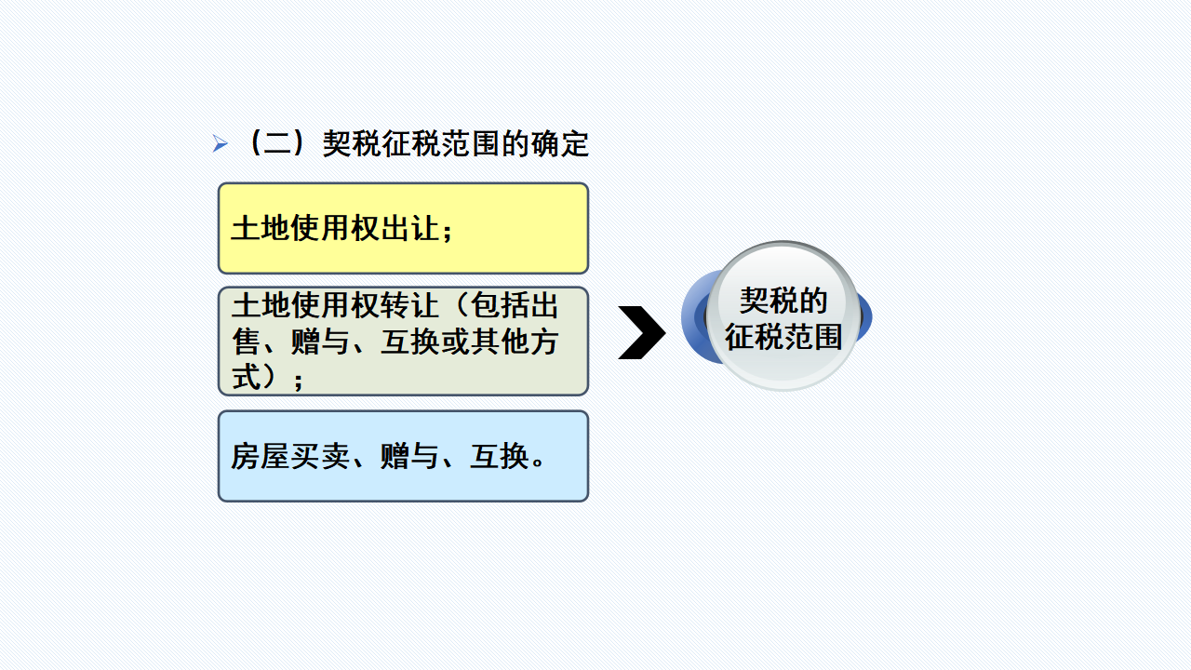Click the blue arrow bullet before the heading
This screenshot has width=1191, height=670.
pyautogui.click(x=220, y=144)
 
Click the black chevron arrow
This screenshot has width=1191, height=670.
pyautogui.click(x=641, y=332)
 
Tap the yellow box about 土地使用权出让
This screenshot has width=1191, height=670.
pyautogui.click(x=403, y=228)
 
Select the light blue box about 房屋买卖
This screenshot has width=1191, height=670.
pyautogui.click(x=403, y=456)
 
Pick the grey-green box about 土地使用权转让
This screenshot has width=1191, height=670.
pyautogui.click(x=403, y=341)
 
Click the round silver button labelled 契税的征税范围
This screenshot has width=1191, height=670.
pyautogui.click(x=783, y=316)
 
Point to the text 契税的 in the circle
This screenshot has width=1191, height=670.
pyautogui.click(x=783, y=301)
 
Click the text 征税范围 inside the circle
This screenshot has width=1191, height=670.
pyautogui.click(x=783, y=336)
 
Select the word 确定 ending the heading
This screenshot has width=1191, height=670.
pyautogui.click(x=560, y=144)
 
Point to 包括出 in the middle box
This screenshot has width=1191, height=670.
pyautogui.click(x=515, y=305)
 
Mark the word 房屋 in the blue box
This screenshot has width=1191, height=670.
pyautogui.click(x=260, y=457)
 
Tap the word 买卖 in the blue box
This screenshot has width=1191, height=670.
pyautogui.click(x=319, y=457)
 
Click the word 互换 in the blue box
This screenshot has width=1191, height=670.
pyautogui.click(x=499, y=457)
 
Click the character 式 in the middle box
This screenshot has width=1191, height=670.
pyautogui.click(x=246, y=377)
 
